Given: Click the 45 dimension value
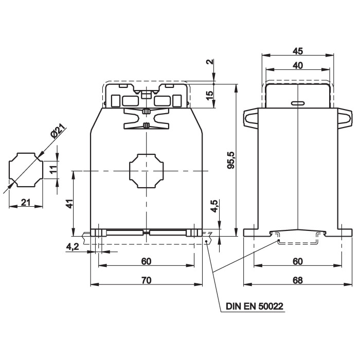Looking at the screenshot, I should tap(298, 51).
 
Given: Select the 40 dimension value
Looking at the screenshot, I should tap(298, 65).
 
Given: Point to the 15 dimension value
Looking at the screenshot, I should tap(210, 96).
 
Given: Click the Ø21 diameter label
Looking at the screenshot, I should tap(58, 132).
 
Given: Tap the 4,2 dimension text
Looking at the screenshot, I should tap(73, 247).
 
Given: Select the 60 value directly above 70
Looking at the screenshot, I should tap(146, 261).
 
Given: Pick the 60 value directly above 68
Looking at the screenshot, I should tap(298, 261).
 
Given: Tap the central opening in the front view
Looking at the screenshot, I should tap(146, 171).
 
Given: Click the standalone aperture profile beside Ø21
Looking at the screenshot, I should tap(26, 171).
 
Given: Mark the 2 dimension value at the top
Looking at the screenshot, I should tap(210, 62).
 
